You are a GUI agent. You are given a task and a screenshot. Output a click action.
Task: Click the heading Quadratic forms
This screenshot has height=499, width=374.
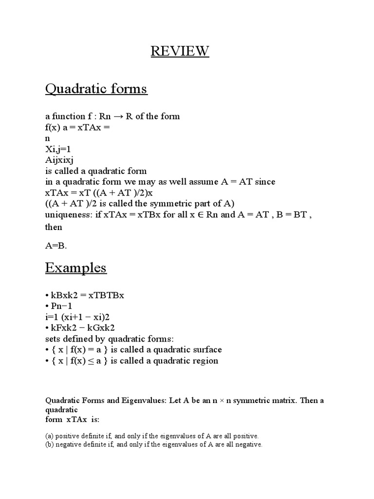click(96, 89)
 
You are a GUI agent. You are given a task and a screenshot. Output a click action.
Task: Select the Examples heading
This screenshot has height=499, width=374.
click(76, 268)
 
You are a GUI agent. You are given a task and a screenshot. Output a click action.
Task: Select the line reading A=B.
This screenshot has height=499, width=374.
click(56, 246)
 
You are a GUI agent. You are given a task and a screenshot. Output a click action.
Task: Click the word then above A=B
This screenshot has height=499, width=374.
click(54, 227)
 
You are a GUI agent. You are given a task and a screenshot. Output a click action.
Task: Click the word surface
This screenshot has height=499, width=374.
click(205, 349)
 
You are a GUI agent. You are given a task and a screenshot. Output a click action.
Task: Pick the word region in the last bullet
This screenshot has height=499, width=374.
click(206, 361)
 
